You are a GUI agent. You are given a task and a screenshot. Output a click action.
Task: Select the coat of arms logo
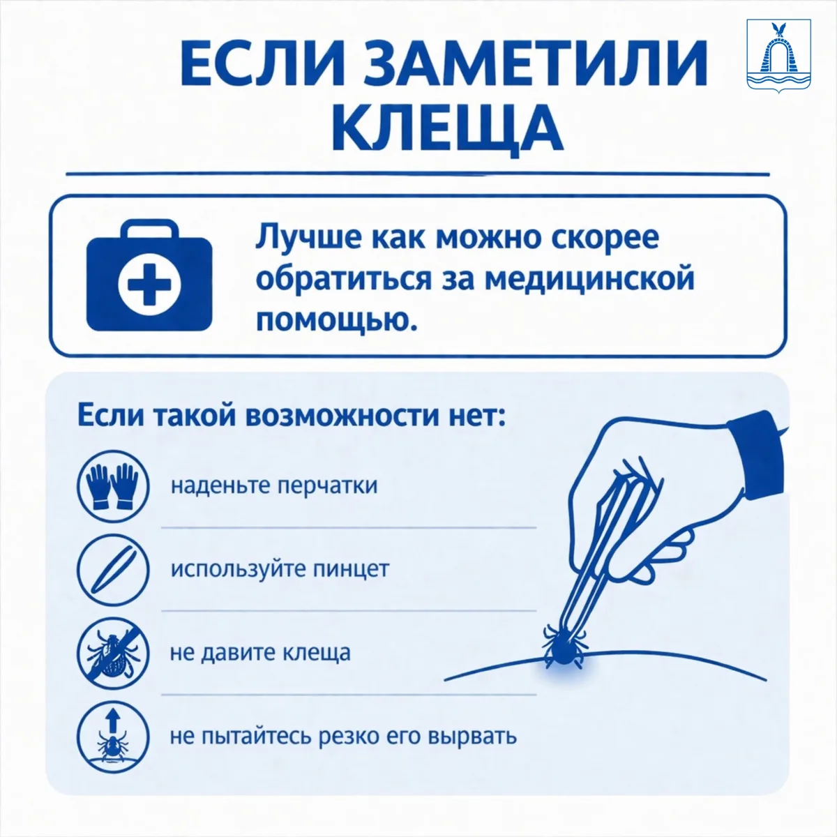tap(778, 56)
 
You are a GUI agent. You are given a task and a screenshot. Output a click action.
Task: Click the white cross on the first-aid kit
tap(149, 284)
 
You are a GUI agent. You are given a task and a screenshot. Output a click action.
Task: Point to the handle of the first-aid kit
tap(149, 229)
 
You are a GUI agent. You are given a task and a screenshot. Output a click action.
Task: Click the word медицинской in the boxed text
tap(589, 278)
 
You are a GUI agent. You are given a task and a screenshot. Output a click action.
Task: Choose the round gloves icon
tap(113, 486)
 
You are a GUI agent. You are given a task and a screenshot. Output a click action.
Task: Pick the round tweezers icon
tap(113, 569)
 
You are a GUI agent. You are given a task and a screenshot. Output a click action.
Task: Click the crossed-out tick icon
tap(113, 654)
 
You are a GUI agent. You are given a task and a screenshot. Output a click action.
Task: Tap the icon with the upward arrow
tap(113, 737)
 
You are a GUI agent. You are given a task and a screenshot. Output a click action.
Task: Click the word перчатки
tap(328, 486)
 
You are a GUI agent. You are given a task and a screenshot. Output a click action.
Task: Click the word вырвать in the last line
tap(473, 737)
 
